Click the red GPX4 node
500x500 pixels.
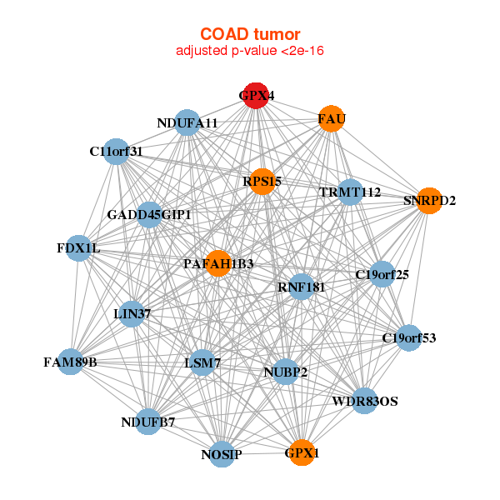(x=256, y=96)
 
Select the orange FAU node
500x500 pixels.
(x=331, y=119)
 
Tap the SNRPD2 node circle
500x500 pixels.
(x=428, y=201)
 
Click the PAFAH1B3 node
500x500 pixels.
(x=218, y=263)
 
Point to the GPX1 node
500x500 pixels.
(x=302, y=453)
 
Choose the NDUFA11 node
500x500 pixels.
(x=187, y=123)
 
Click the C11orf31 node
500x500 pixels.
(x=117, y=152)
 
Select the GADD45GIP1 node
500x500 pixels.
(x=150, y=215)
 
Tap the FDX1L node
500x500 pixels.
(x=77, y=248)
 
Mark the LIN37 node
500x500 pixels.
(x=131, y=313)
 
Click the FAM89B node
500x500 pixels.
(x=71, y=362)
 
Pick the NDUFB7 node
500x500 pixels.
(x=149, y=422)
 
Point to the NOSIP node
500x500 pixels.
(x=222, y=454)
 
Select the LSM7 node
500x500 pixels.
(x=202, y=363)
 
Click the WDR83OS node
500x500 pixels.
(x=364, y=401)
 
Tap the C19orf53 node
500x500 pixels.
(x=408, y=337)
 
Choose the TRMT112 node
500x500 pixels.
(x=350, y=192)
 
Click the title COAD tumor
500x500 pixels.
(x=250, y=34)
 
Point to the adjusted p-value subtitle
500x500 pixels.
(x=250, y=51)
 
